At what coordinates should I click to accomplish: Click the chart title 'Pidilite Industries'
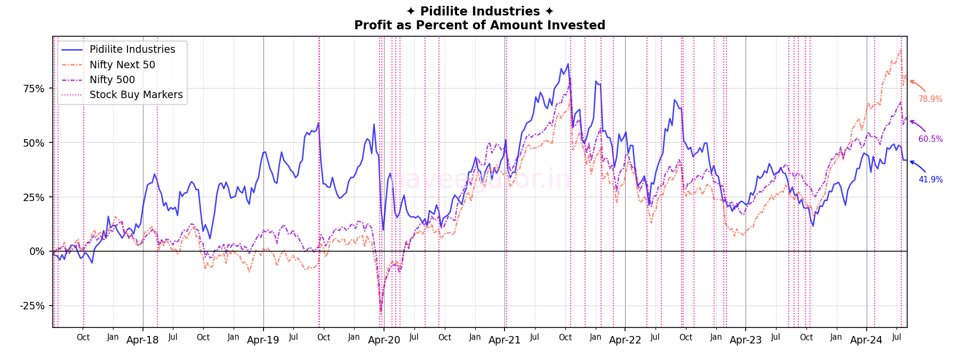pos(479,11)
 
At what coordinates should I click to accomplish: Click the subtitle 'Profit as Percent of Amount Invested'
pos(479,25)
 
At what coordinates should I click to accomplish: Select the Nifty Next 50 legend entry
pos(122,65)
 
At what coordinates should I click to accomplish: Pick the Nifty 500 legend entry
pos(112,79)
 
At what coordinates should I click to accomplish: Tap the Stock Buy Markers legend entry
pos(135,94)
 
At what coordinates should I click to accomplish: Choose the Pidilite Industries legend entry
pos(132,49)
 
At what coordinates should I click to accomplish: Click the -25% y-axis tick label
pos(33,306)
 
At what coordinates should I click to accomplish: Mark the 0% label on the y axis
pos(37,252)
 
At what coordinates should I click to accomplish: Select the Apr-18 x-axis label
pos(142,340)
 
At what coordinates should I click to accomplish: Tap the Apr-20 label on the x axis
pos(384,340)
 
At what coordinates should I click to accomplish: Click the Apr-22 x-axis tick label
pos(625,340)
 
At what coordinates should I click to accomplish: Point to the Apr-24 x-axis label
pos(866,340)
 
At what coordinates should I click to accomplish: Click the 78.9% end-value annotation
pos(930,99)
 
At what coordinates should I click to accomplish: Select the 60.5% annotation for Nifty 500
pos(930,139)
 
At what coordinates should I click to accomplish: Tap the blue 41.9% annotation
pos(930,180)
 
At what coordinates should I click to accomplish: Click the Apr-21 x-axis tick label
pos(505,340)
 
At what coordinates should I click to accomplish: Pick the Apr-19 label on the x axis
pos(263,340)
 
